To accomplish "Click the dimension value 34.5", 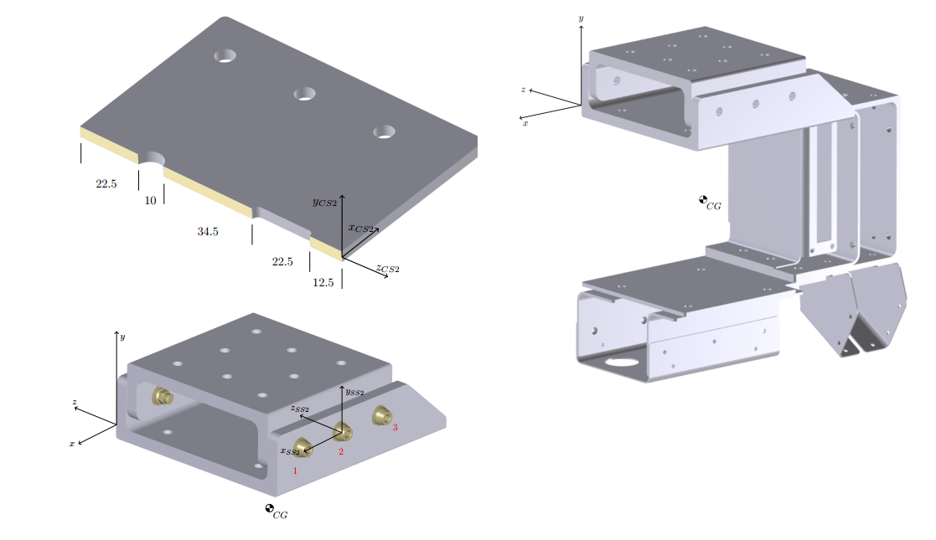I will click(x=207, y=232).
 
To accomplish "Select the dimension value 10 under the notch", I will click(x=151, y=201).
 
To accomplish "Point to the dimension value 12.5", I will click(x=323, y=283).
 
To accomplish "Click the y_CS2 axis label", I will click(x=324, y=202).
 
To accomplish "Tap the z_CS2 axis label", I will click(x=387, y=269).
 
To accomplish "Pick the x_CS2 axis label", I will click(x=360, y=228).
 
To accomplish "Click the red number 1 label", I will click(x=295, y=471).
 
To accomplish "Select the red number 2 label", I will click(x=341, y=452).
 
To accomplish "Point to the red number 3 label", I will click(x=395, y=428).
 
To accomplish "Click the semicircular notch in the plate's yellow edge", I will click(x=151, y=159).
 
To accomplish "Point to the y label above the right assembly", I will click(x=581, y=18).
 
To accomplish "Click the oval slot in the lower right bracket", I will click(x=622, y=363).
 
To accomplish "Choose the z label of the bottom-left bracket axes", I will click(x=75, y=403).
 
